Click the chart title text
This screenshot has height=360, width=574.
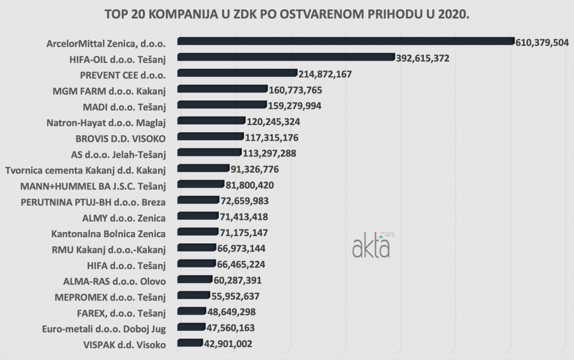coord(286,14)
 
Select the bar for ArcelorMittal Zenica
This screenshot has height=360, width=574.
coord(345,40)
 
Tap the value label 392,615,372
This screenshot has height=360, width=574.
coord(422,58)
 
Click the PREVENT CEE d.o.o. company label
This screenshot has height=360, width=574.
coord(122,73)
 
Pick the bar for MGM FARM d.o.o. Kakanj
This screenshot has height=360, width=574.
coord(222,89)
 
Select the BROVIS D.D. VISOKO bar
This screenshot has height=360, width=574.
coord(210,136)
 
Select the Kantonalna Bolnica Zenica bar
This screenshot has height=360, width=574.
coord(197,232)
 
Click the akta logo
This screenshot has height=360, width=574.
coord(371,244)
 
